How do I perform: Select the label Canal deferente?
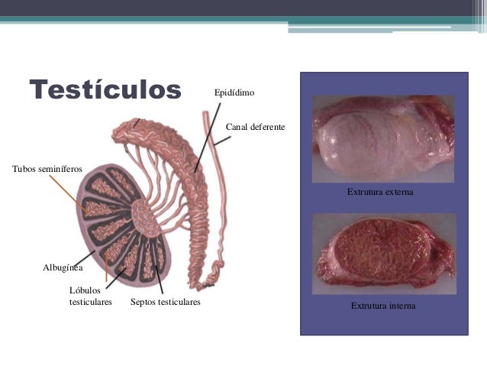coord(256,125)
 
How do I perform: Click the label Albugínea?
coord(63,268)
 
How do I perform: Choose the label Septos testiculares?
coord(166,303)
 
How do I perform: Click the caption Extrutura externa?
coord(380,193)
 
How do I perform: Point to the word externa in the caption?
coord(398,193)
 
